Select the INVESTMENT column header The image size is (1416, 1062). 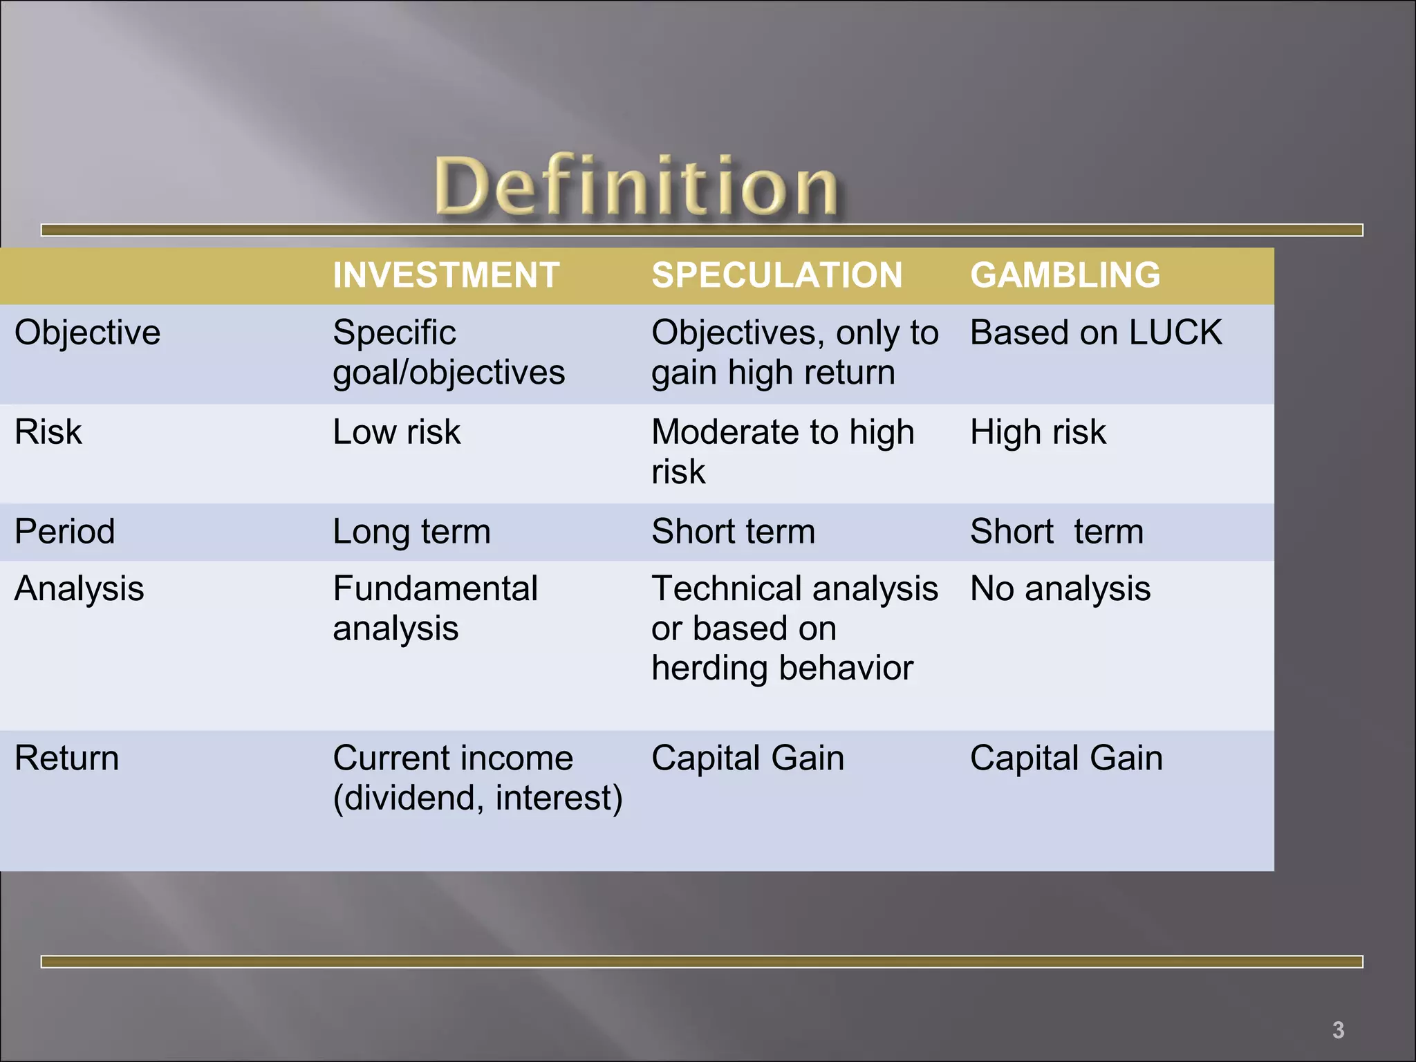(x=446, y=275)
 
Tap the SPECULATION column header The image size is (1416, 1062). (x=776, y=275)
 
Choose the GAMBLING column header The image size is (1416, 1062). (x=1065, y=275)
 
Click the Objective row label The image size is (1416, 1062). (x=88, y=333)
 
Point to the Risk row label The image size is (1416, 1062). (x=48, y=432)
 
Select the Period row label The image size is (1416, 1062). (x=65, y=532)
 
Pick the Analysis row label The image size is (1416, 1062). (x=80, y=589)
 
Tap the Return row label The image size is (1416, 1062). (x=67, y=758)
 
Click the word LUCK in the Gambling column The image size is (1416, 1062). (x=1175, y=333)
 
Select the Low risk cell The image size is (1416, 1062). (x=396, y=432)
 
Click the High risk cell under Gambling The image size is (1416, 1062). (x=1038, y=432)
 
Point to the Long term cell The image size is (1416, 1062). (x=411, y=532)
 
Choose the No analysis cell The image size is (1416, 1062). (x=1060, y=589)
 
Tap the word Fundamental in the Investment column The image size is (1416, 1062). (x=435, y=589)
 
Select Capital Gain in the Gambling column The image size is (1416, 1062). (x=1066, y=758)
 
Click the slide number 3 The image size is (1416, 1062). (x=1338, y=1030)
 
